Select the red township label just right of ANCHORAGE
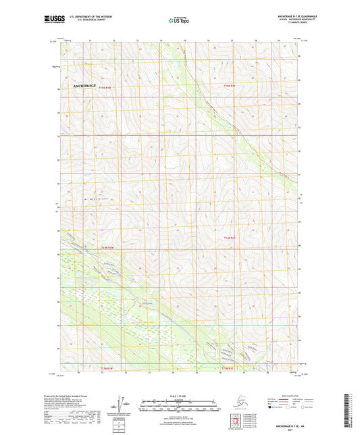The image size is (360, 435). (x=104, y=87)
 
